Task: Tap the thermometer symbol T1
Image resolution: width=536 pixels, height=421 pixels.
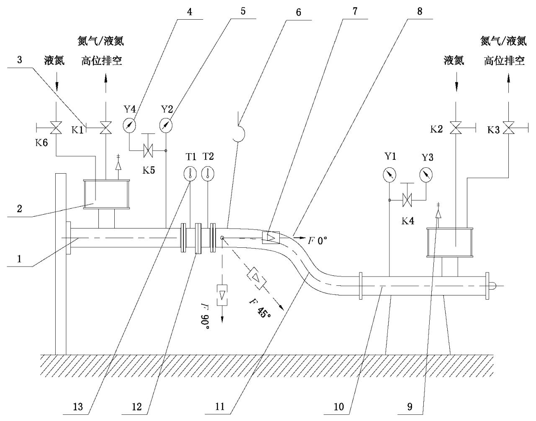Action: coord(190,174)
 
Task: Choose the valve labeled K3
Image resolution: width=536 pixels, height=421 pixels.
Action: coord(509,128)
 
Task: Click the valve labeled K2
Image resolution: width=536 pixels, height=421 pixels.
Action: coord(456,128)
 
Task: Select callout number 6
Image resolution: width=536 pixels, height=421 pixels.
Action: coord(299,12)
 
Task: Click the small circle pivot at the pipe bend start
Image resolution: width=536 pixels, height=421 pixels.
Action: coord(222,238)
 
